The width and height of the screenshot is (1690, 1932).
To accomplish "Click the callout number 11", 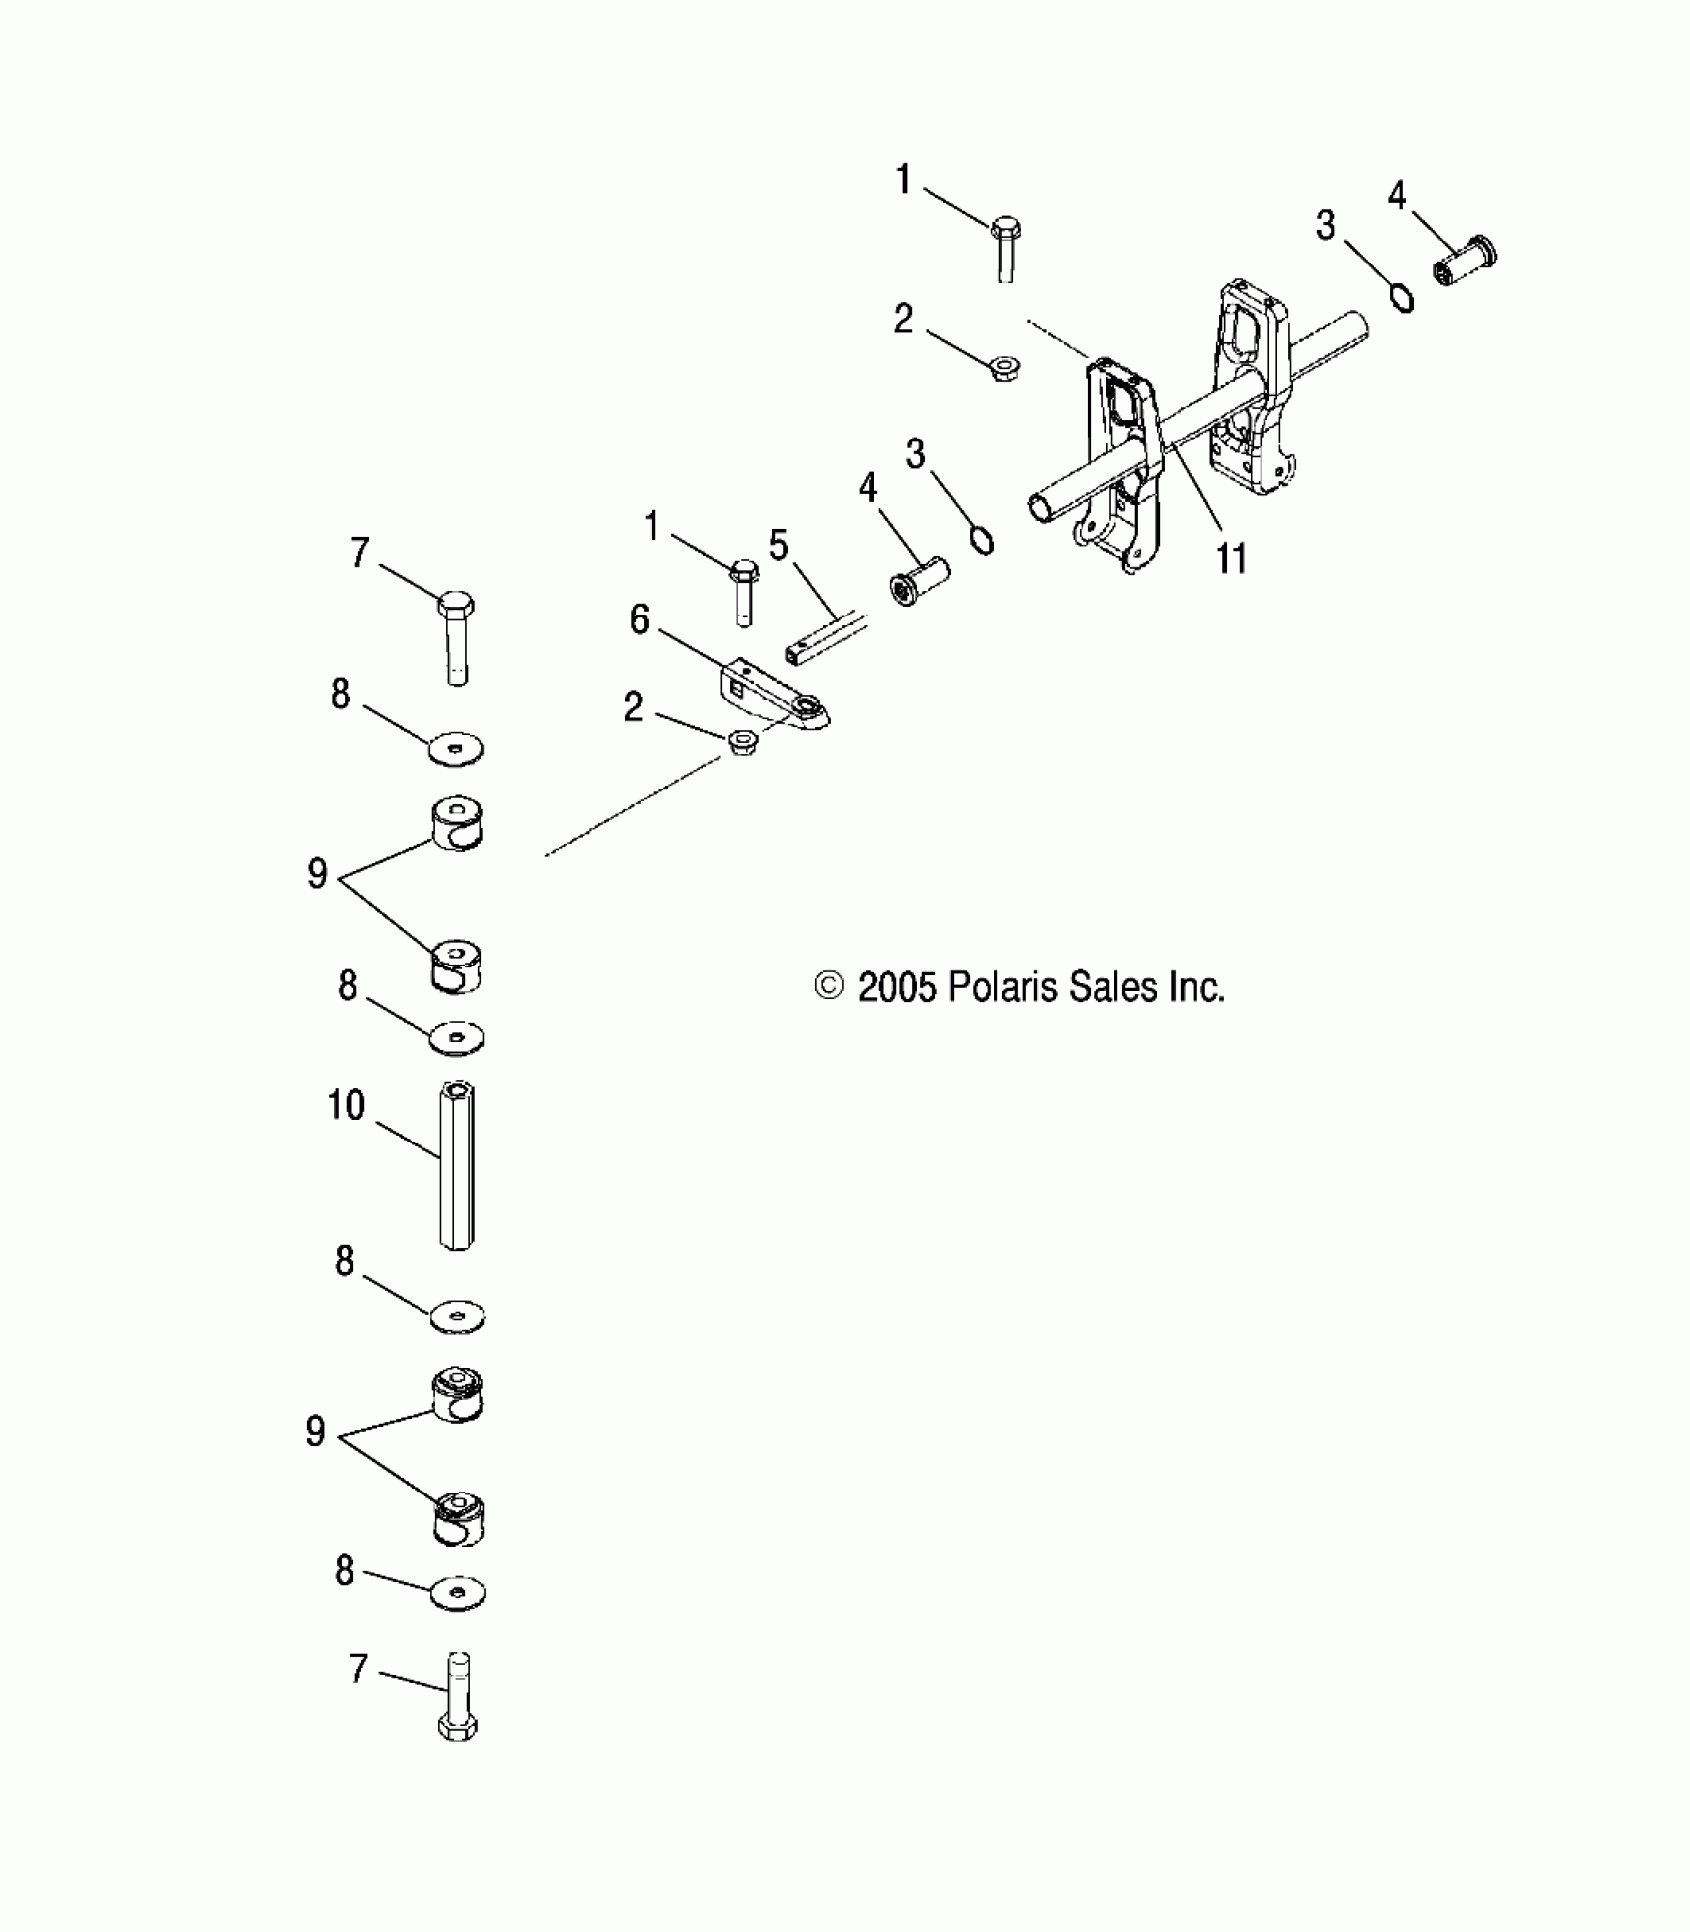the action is (1231, 559).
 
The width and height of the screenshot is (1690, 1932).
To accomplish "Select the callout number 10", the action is (346, 1106).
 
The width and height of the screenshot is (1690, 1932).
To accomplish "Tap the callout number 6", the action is (640, 620).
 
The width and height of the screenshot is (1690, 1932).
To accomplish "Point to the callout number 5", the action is (778, 546).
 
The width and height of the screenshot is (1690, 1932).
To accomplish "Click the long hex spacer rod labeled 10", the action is (456, 1167).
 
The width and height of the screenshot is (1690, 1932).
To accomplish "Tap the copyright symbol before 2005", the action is (828, 987).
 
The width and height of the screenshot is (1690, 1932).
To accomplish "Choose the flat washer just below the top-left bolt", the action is (457, 749).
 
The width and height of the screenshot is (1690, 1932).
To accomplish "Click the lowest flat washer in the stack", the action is (458, 1592).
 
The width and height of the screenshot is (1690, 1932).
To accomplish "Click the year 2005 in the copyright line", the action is (897, 987).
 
